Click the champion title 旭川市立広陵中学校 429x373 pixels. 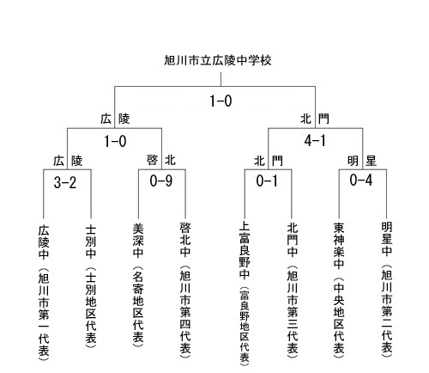point(218,60)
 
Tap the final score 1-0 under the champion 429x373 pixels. point(221,101)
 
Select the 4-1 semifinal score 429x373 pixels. point(315,141)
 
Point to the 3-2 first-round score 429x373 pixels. point(65,182)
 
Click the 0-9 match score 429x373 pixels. point(161,180)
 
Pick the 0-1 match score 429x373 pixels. point(267,181)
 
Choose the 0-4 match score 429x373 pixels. point(361,180)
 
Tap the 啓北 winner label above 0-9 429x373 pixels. point(161,160)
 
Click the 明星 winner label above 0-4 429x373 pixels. point(362,161)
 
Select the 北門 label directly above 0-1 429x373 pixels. point(269,161)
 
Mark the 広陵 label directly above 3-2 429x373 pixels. point(68,161)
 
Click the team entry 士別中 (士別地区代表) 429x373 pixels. point(91,286)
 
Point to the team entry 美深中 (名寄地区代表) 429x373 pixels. point(138,284)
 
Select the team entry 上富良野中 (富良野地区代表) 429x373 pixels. point(245,293)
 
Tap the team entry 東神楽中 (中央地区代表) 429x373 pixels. point(339,290)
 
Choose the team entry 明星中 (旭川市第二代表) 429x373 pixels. point(387,290)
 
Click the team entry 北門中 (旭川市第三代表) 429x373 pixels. point(293,290)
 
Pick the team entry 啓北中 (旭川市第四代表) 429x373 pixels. point(185,290)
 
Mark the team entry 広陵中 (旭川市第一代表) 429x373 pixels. point(44,292)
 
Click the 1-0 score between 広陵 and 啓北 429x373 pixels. point(115,141)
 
